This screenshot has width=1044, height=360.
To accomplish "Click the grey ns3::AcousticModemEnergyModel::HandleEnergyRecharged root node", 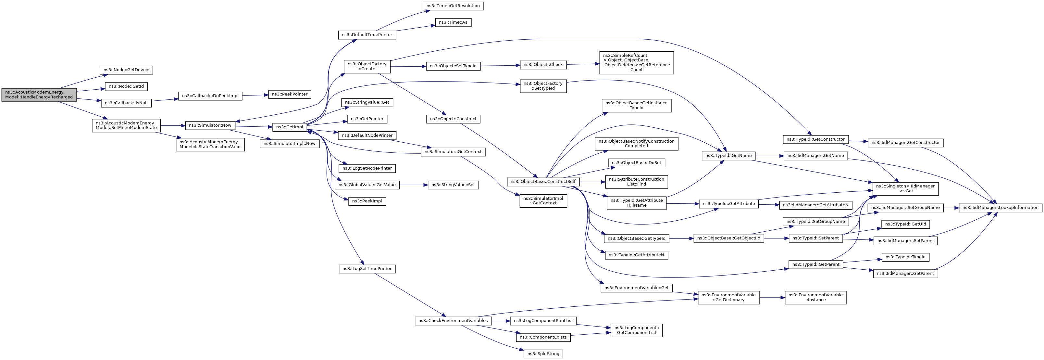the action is point(39,95).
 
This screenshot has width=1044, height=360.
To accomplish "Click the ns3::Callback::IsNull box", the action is point(126,103).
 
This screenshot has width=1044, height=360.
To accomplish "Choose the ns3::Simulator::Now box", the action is point(210,125).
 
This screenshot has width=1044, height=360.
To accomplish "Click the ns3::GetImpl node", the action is point(289,127).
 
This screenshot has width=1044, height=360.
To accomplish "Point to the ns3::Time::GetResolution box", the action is point(453,6).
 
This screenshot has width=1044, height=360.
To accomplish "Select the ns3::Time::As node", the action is point(453,22).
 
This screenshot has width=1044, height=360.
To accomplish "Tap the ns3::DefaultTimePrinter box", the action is point(367,35).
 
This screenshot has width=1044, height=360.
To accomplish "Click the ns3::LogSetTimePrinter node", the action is point(367,269).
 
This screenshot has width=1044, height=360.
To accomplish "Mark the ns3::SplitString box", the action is point(543,354).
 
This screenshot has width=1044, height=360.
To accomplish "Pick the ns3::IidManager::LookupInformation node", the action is point(1000,208).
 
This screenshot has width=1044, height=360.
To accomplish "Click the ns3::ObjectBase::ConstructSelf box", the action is point(543,182).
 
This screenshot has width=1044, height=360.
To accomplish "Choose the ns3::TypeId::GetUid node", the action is point(905,224).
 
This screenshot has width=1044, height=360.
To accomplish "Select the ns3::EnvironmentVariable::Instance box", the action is point(815,298).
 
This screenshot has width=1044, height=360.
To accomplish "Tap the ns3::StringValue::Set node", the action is point(453,185).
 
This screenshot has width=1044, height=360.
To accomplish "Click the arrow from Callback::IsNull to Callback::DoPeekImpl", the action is point(165,100).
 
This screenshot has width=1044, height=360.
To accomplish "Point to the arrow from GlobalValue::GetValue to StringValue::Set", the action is point(413,185).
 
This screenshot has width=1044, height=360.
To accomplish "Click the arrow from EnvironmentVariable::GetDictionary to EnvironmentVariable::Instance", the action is point(772,298).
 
